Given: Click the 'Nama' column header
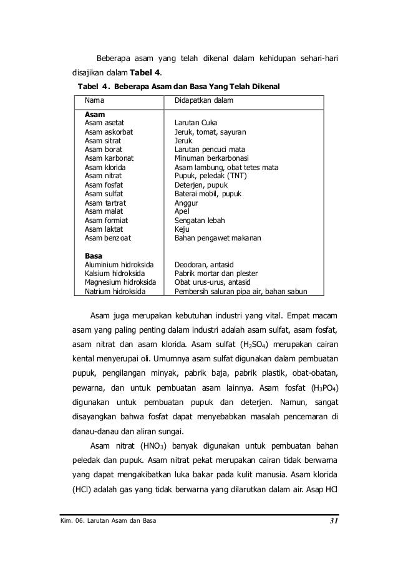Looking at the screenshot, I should [x=95, y=100].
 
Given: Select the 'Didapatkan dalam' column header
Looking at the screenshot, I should [x=203, y=100].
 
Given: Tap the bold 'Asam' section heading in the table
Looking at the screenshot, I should [x=94, y=115].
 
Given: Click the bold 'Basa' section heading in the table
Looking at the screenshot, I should [x=94, y=255].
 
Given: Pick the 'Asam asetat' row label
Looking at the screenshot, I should [x=105, y=123].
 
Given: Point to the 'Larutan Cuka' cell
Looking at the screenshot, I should [x=196, y=123].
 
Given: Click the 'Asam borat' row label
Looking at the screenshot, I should [x=103, y=150].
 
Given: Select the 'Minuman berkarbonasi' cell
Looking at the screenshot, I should [x=211, y=159].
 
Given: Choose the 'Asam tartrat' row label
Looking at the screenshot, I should [x=105, y=203].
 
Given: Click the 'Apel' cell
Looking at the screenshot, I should [x=181, y=212].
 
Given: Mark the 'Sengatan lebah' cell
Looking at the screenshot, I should [x=200, y=221].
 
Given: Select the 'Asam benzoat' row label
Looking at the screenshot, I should [x=107, y=238].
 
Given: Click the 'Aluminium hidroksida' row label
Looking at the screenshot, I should [x=117, y=265].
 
